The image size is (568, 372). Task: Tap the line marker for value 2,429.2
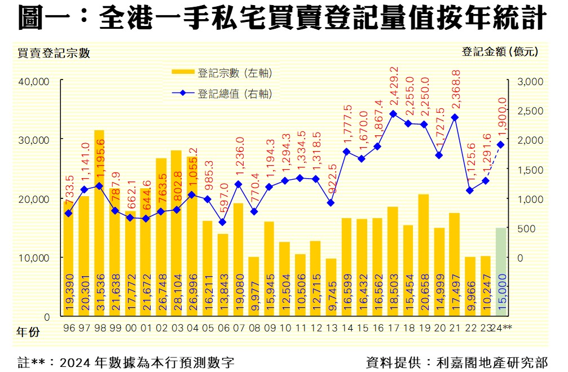coord(393,113)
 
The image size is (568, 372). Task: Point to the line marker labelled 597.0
coord(223,222)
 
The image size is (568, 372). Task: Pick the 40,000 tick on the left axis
coord(36,81)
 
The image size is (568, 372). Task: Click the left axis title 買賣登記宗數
coord(54,54)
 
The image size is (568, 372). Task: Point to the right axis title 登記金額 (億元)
coord(500,52)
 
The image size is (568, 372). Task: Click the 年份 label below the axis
coord(29,333)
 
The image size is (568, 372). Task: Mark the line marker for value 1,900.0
coord(501,144)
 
